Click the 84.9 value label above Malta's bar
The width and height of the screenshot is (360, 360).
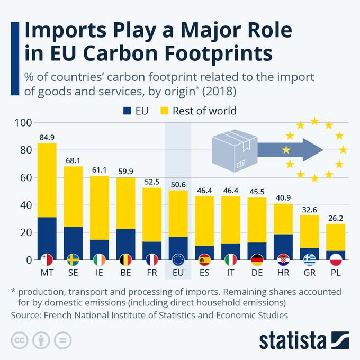point(47,137)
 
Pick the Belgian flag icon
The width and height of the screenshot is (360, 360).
point(125,260)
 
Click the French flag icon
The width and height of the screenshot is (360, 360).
point(151,260)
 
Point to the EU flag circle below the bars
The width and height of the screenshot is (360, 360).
point(178,260)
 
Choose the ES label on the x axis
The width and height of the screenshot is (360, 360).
point(204,274)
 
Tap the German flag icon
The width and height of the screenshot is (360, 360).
point(256,260)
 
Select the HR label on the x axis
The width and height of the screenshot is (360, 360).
point(283,274)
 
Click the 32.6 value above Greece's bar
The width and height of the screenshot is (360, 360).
point(309,209)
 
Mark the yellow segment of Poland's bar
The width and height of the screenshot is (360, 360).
point(335,237)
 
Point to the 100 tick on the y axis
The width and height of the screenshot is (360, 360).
point(24,123)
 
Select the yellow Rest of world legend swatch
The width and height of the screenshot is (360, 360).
point(165,111)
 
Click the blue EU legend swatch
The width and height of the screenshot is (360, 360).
point(127,111)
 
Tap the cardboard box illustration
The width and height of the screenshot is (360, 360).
point(233,150)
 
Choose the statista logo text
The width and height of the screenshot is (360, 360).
point(292,339)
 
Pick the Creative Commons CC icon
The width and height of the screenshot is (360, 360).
point(19,340)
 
